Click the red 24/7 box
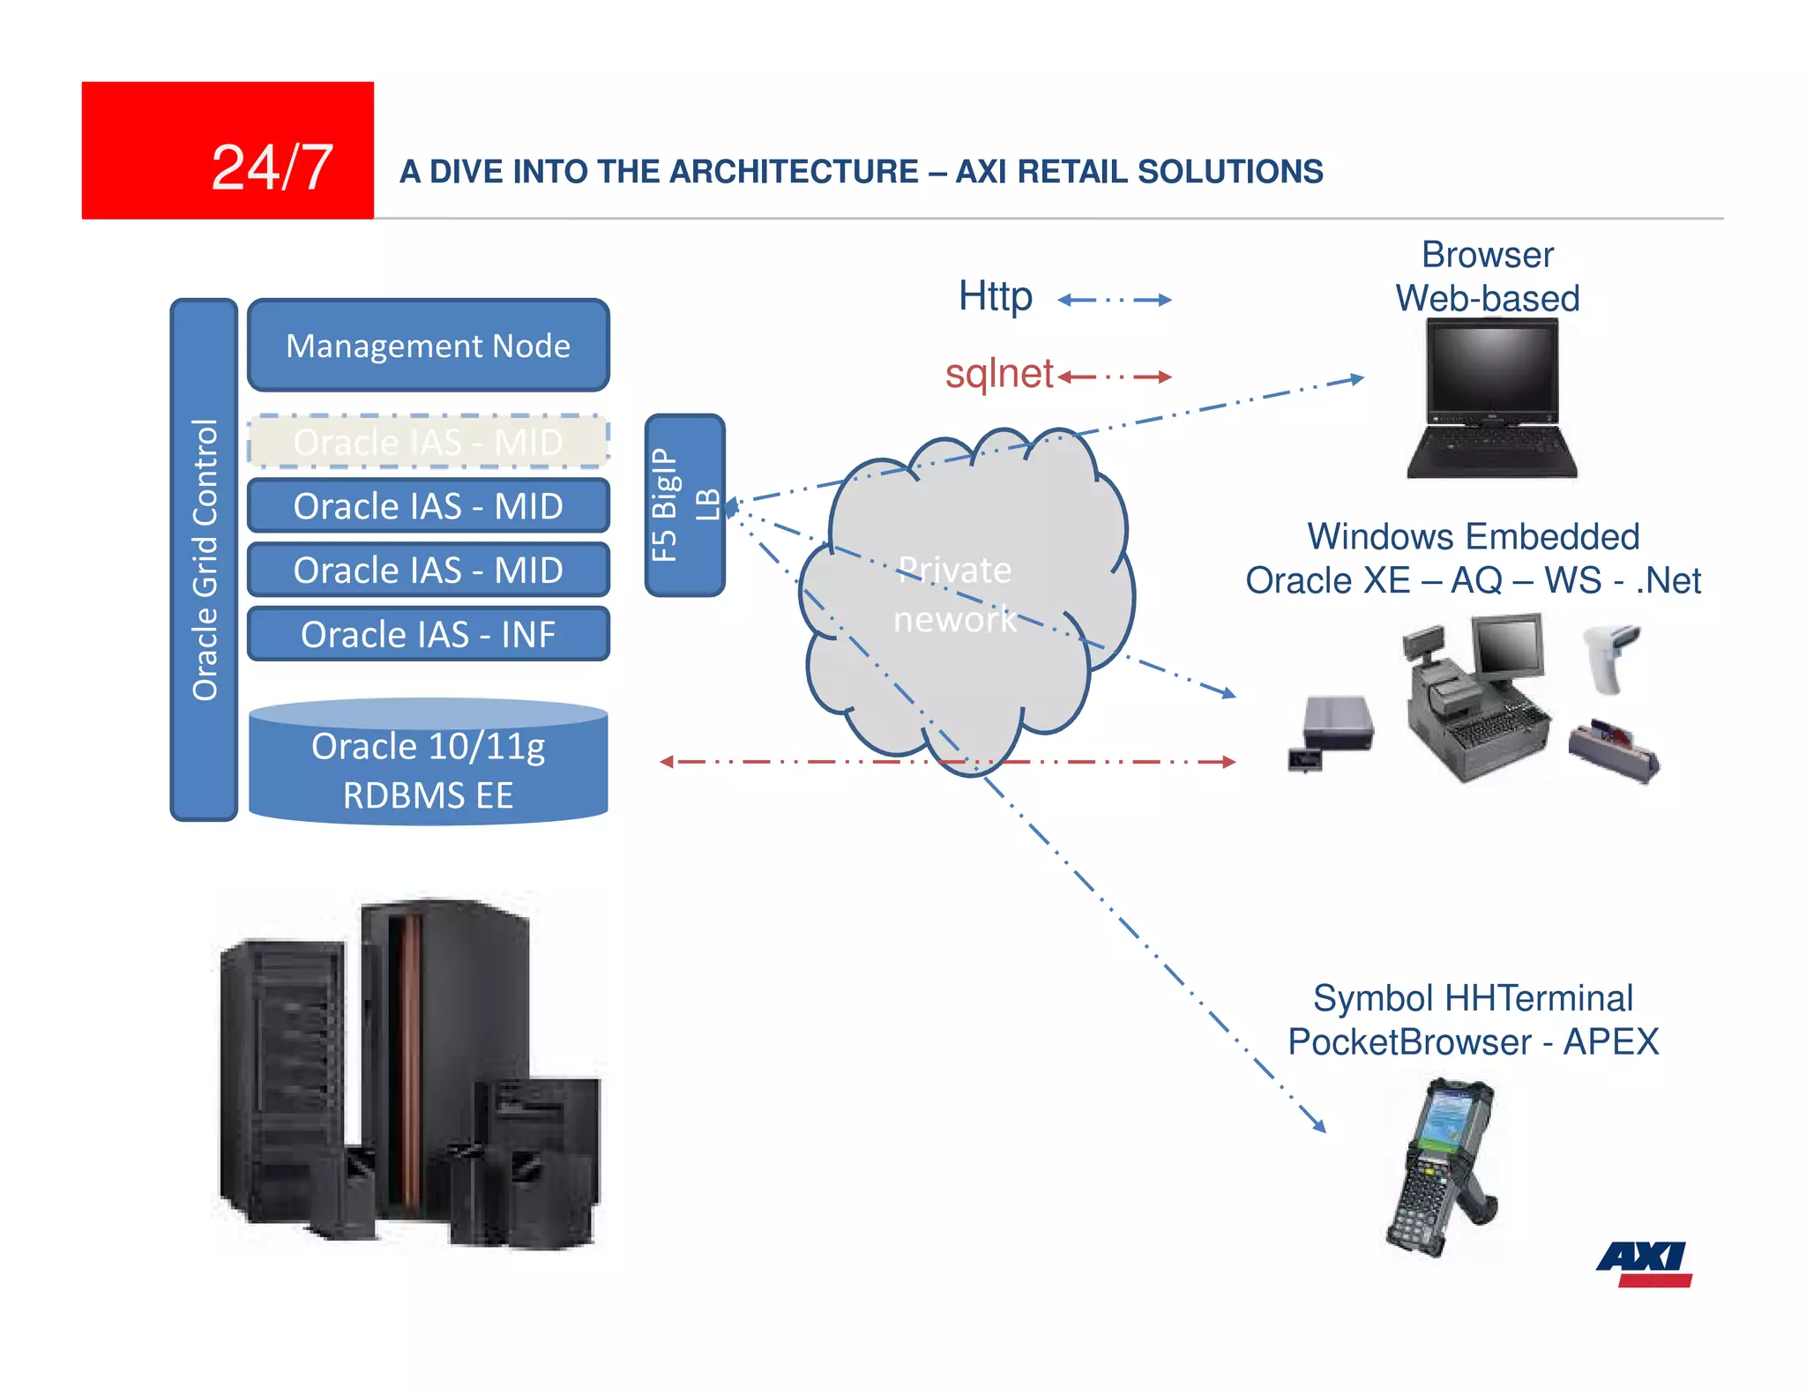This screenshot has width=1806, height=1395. click(x=228, y=150)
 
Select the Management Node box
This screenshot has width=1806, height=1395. click(x=428, y=346)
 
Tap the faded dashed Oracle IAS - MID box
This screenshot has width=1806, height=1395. click(x=428, y=441)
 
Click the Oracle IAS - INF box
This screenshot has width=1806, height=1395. click(x=428, y=634)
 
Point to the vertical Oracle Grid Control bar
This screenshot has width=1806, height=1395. click(x=204, y=559)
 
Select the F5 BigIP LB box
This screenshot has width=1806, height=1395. click(x=684, y=504)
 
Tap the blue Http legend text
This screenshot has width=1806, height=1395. click(x=995, y=297)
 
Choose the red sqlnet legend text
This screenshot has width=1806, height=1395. click(x=998, y=374)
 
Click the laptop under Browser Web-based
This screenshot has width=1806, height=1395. click(x=1491, y=397)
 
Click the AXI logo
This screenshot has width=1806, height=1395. click(x=1643, y=1263)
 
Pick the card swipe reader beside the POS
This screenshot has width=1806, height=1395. click(x=1614, y=750)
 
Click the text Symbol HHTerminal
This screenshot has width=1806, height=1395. click(x=1472, y=998)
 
